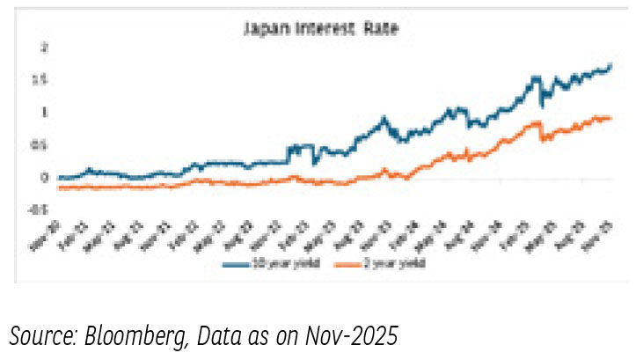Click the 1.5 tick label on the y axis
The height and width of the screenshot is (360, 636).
click(x=40, y=79)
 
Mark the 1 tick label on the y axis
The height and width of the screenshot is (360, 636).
click(x=43, y=112)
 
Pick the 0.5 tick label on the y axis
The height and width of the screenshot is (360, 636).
click(x=40, y=144)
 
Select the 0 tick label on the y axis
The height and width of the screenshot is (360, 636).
click(x=43, y=177)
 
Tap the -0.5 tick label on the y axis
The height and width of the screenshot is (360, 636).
click(x=40, y=209)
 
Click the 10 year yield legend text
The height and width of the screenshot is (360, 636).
click(x=280, y=264)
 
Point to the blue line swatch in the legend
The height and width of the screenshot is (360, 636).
click(x=238, y=264)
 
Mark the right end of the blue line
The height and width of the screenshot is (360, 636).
click(x=611, y=64)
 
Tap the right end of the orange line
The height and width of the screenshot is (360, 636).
click(x=611, y=119)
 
